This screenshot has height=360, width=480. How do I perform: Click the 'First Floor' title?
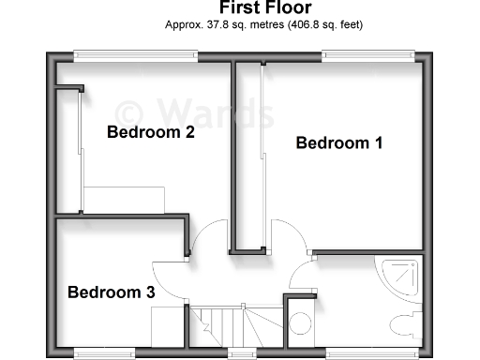click(x=240, y=10)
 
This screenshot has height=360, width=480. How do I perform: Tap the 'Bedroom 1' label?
click(x=339, y=143)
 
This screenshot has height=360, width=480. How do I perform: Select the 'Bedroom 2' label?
click(x=150, y=132)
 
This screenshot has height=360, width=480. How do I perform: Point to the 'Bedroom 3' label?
click(x=111, y=292)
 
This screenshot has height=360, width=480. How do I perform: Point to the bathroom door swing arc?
click(x=305, y=275)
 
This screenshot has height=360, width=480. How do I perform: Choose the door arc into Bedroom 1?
click(x=291, y=234)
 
